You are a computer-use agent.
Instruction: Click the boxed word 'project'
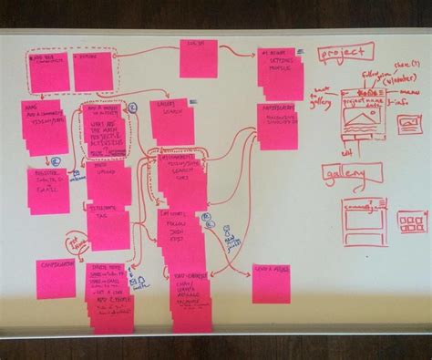point(346,53)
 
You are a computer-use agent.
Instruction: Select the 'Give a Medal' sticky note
point(270,283)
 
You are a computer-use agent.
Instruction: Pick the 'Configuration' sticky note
point(56,277)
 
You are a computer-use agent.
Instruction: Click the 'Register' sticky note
point(48,188)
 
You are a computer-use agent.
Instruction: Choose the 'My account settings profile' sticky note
point(277,67)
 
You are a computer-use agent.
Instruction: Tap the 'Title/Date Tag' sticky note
point(108,220)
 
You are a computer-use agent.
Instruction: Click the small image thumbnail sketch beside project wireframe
point(407,124)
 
